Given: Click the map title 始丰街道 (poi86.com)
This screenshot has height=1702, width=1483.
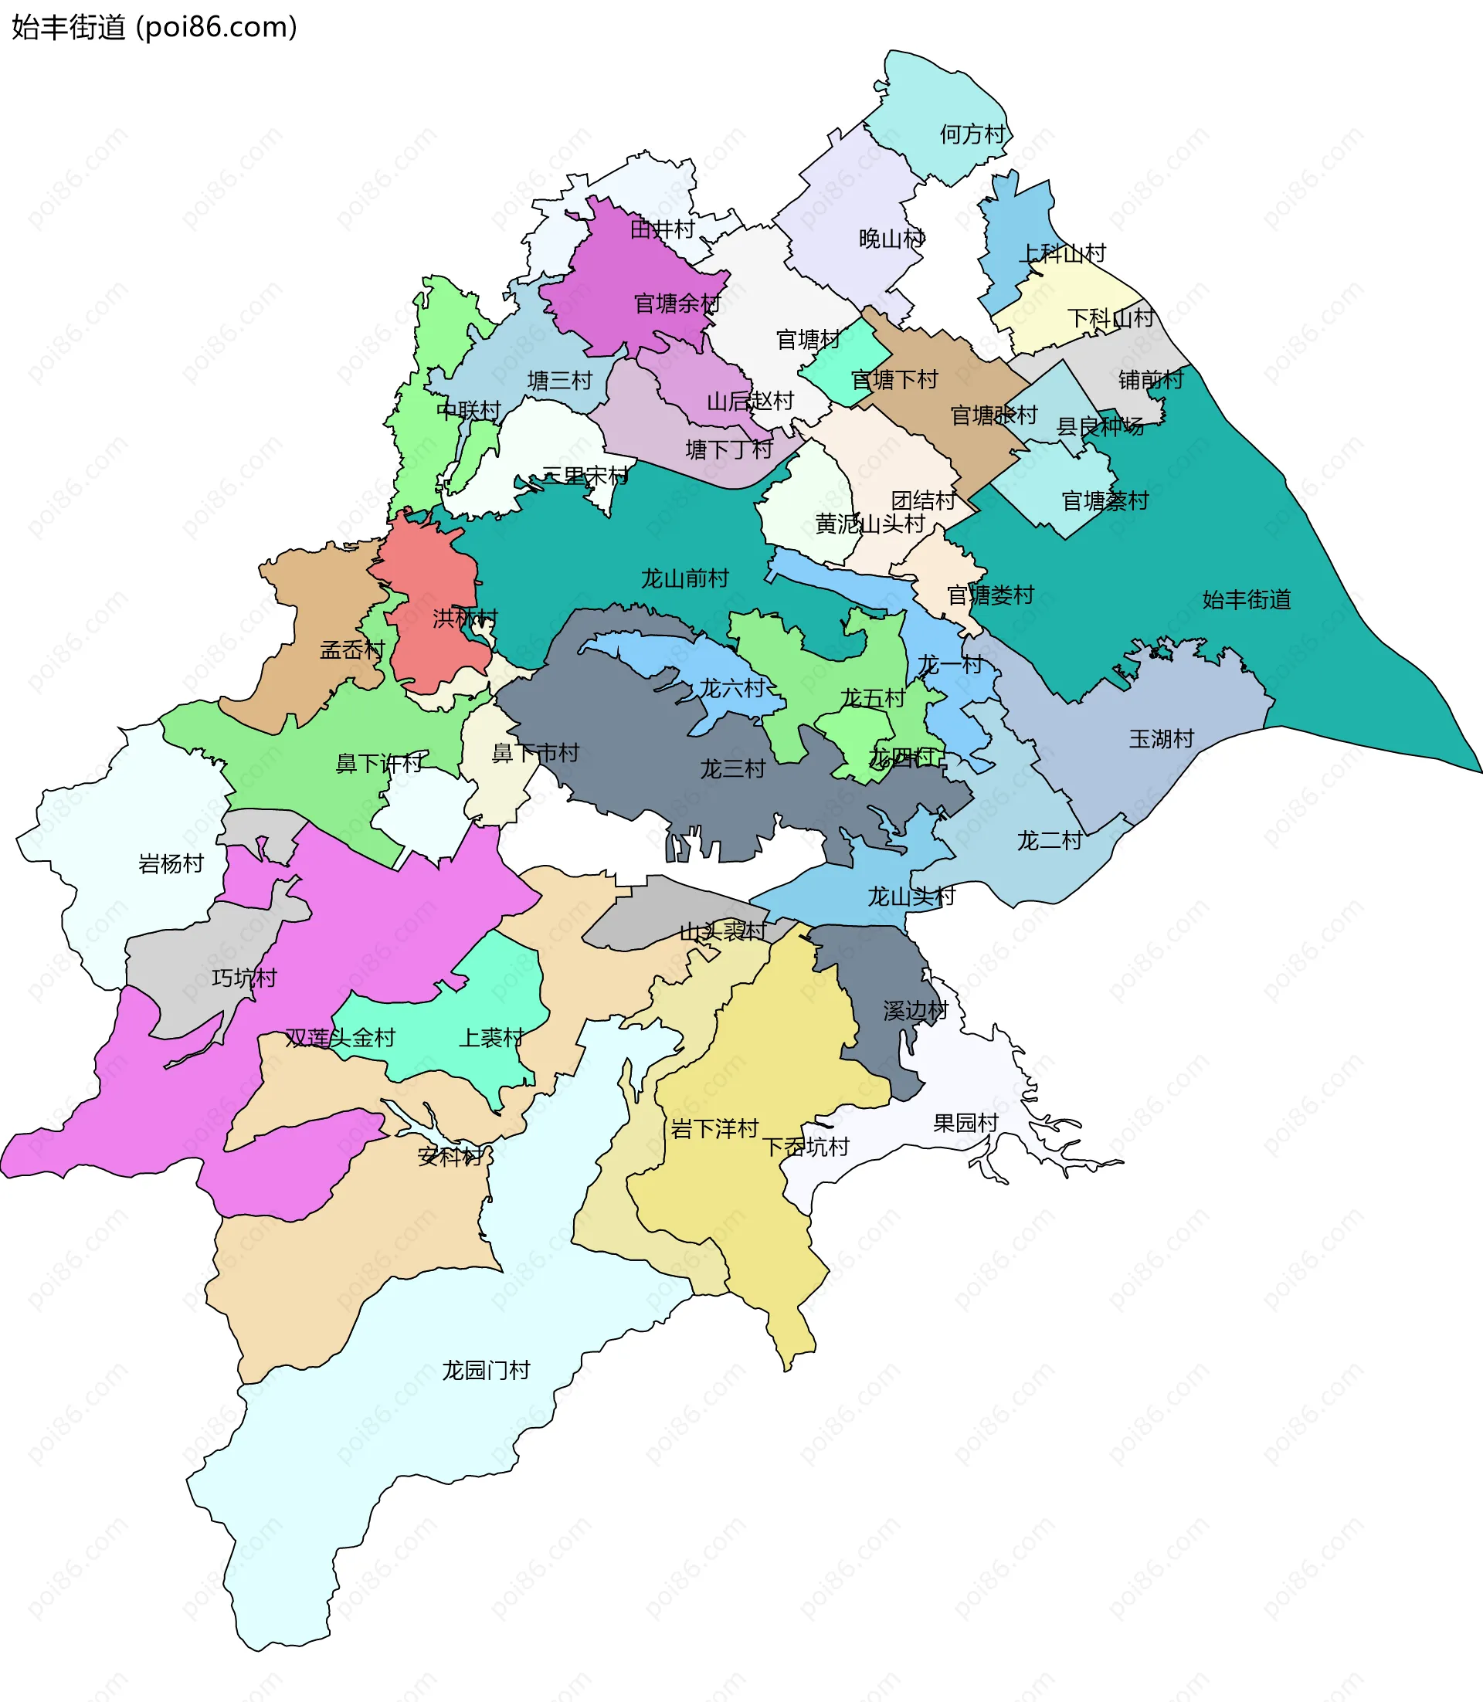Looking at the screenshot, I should [154, 27].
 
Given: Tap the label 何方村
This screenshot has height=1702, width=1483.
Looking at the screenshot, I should [972, 134].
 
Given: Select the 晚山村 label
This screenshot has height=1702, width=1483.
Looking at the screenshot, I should [891, 239].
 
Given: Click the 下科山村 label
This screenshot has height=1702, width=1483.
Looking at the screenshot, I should [1110, 317].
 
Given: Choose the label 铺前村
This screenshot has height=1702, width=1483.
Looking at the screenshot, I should [1150, 380].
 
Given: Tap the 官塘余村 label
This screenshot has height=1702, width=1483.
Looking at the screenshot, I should [677, 303].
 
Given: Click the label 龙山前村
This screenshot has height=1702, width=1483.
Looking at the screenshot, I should [684, 578].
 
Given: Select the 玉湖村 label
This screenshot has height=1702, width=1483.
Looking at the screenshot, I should [1161, 739].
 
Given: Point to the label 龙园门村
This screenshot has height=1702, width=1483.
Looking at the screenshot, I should [485, 1370].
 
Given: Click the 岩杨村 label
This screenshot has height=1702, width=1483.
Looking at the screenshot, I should [171, 864].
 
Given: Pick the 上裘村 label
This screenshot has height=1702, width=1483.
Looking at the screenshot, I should [490, 1038].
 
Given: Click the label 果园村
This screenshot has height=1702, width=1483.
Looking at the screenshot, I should [965, 1123].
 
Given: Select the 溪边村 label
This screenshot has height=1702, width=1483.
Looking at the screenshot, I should [915, 1010].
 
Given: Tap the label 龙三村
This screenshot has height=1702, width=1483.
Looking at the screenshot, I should [732, 768].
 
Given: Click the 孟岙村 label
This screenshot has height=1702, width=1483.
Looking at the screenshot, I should [352, 649].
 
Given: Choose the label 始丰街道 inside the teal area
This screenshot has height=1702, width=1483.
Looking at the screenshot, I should [1247, 599].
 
